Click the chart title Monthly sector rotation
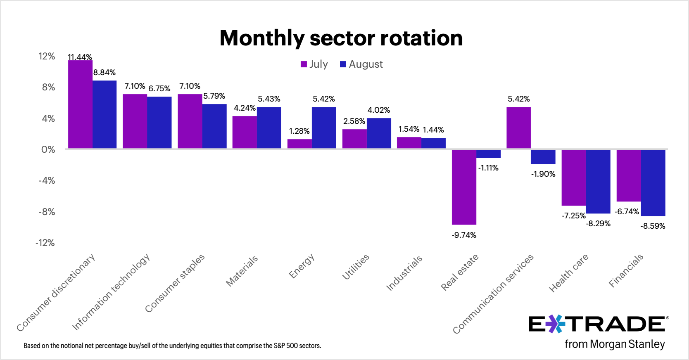341,38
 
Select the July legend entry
314,64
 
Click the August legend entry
361,64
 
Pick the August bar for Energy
324,128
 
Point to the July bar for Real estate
464,187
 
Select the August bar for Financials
653,182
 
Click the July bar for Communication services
518,128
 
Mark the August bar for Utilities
379,133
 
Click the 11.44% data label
80,57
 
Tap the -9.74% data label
464,235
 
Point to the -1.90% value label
543,174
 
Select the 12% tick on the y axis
47,57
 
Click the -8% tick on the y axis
47,212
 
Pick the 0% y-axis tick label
48,149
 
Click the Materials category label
242,271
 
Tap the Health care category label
568,273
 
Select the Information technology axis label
111,292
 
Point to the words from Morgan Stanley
615,344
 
